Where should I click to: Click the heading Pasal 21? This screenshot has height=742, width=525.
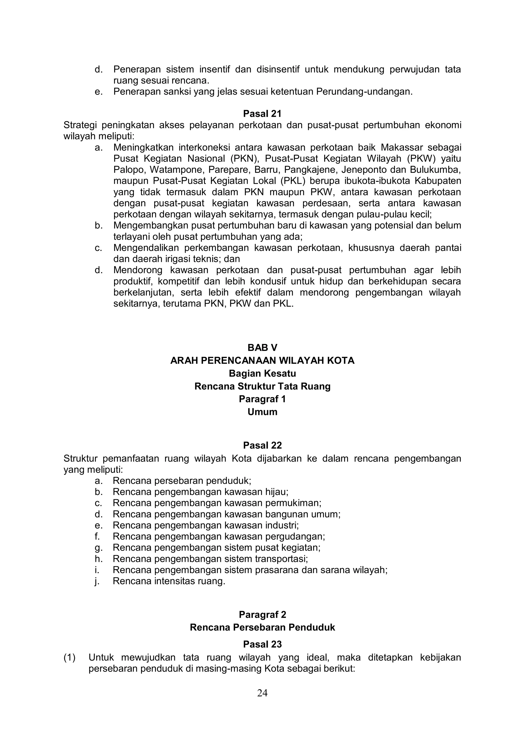[x=262, y=114]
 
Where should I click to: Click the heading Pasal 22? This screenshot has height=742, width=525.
[x=262, y=445]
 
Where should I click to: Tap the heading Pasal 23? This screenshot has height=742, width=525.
[x=262, y=644]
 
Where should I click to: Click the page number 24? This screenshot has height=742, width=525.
[x=262, y=693]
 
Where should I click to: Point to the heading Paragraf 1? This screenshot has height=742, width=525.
[x=262, y=399]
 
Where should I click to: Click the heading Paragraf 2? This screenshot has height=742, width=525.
[x=262, y=614]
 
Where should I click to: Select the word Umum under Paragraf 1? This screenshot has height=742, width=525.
[x=262, y=412]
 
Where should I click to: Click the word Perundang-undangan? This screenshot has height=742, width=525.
[x=364, y=92]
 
